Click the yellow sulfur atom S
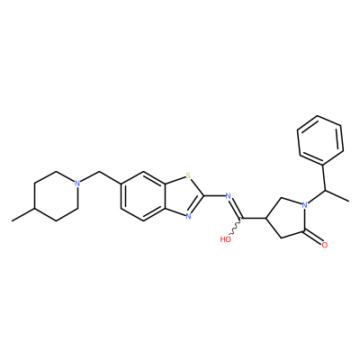point(188,175)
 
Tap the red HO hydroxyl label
point(225,239)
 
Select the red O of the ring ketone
point(324,245)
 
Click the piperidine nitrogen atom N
point(77,183)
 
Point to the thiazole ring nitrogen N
point(188,216)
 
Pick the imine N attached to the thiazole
point(228,196)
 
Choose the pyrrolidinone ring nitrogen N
point(305,205)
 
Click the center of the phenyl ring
point(320,140)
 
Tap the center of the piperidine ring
point(56,196)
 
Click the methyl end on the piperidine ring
point(12,221)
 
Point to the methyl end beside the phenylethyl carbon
point(348,201)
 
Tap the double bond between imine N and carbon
point(236,208)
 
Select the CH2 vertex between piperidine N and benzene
point(99,172)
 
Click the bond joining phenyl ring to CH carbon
point(324,177)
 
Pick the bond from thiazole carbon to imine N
point(215,196)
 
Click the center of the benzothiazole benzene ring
point(143,196)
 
